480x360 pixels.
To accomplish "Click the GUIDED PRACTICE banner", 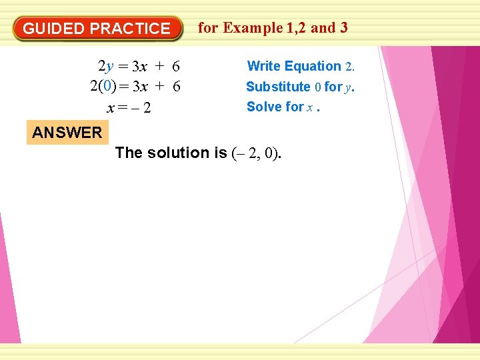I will tap(97, 29).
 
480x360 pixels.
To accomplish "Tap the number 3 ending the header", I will tap(343, 27).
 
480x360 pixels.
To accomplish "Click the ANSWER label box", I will tap(67, 132).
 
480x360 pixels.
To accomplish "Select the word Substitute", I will tap(278, 87).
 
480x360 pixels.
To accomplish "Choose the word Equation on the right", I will tap(313, 66).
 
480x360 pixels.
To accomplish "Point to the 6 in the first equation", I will tap(176, 66).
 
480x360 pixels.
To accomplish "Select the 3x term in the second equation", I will tap(140, 86).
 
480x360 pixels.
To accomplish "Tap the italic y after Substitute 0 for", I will tap(348, 87).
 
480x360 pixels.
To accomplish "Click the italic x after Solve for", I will tap(309, 107).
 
